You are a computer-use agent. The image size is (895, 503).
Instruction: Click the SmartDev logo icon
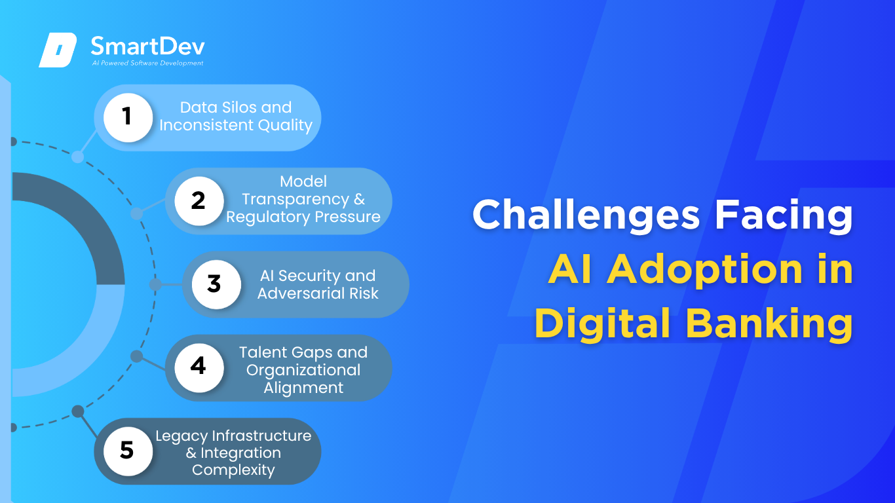point(58,50)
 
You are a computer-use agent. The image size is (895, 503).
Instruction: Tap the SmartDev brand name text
point(148,46)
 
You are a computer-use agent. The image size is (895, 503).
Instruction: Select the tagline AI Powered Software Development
point(147,63)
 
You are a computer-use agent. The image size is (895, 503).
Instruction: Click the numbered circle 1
point(128,117)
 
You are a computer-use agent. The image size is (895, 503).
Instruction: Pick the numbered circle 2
point(199,201)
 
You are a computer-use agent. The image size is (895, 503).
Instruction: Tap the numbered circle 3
point(216,284)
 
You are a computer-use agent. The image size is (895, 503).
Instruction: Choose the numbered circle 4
point(199,367)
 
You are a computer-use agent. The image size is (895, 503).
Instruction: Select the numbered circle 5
point(128,451)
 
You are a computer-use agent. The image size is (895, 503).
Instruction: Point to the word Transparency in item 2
point(295,199)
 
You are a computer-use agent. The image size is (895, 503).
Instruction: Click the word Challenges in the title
point(586,215)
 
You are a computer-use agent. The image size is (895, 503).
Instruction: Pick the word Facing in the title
point(784,215)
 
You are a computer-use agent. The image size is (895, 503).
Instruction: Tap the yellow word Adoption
point(704,270)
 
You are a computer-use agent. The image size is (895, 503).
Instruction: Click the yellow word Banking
point(769,324)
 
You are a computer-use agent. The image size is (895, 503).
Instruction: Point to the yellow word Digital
point(603,323)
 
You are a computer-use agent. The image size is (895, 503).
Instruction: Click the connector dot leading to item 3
point(155,284)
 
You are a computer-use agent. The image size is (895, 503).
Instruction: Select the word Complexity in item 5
point(233,470)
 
